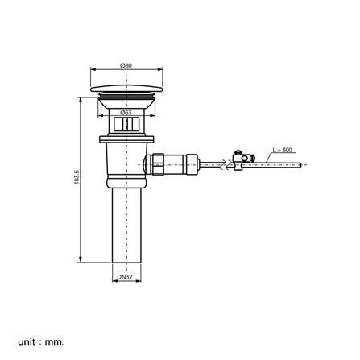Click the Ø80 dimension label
pos(126,65)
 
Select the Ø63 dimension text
pos(126,113)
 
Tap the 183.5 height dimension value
pos(77,176)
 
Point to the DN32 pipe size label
pos(125,277)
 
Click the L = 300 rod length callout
pos(283,150)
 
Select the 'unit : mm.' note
pos(41,334)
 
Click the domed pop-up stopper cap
pos(126,89)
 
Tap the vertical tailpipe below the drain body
pos(126,225)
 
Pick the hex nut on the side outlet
pos(158,164)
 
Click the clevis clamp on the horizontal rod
pos(241,160)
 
